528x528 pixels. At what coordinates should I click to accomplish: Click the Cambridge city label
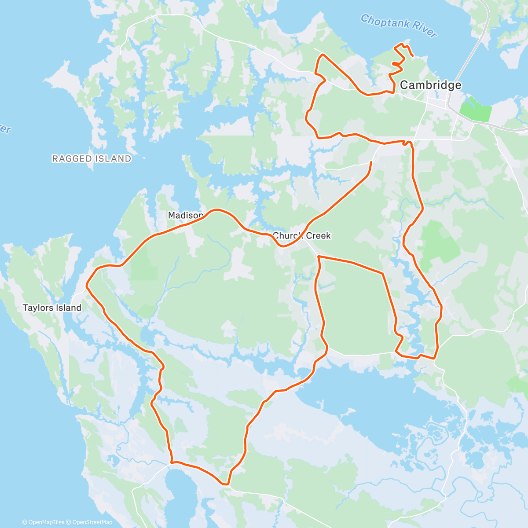tap(430, 85)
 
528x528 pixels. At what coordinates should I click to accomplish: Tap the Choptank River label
tap(399, 26)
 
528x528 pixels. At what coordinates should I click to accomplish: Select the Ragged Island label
tap(92, 159)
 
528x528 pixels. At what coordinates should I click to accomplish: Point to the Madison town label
tap(185, 215)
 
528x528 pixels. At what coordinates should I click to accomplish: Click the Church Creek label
tap(302, 236)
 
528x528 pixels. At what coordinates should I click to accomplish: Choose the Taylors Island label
tap(52, 308)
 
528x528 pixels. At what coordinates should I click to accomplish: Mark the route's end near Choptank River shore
tap(412, 56)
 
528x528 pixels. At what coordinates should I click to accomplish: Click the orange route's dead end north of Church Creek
tap(371, 162)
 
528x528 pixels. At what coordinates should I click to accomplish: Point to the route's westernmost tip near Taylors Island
tap(87, 285)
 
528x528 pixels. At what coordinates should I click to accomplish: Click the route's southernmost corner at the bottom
tap(227, 484)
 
